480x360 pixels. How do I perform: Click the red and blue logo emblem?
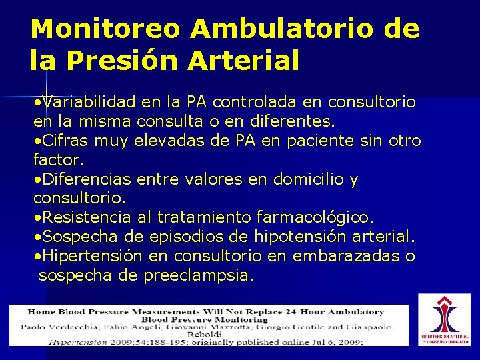[444, 313]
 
